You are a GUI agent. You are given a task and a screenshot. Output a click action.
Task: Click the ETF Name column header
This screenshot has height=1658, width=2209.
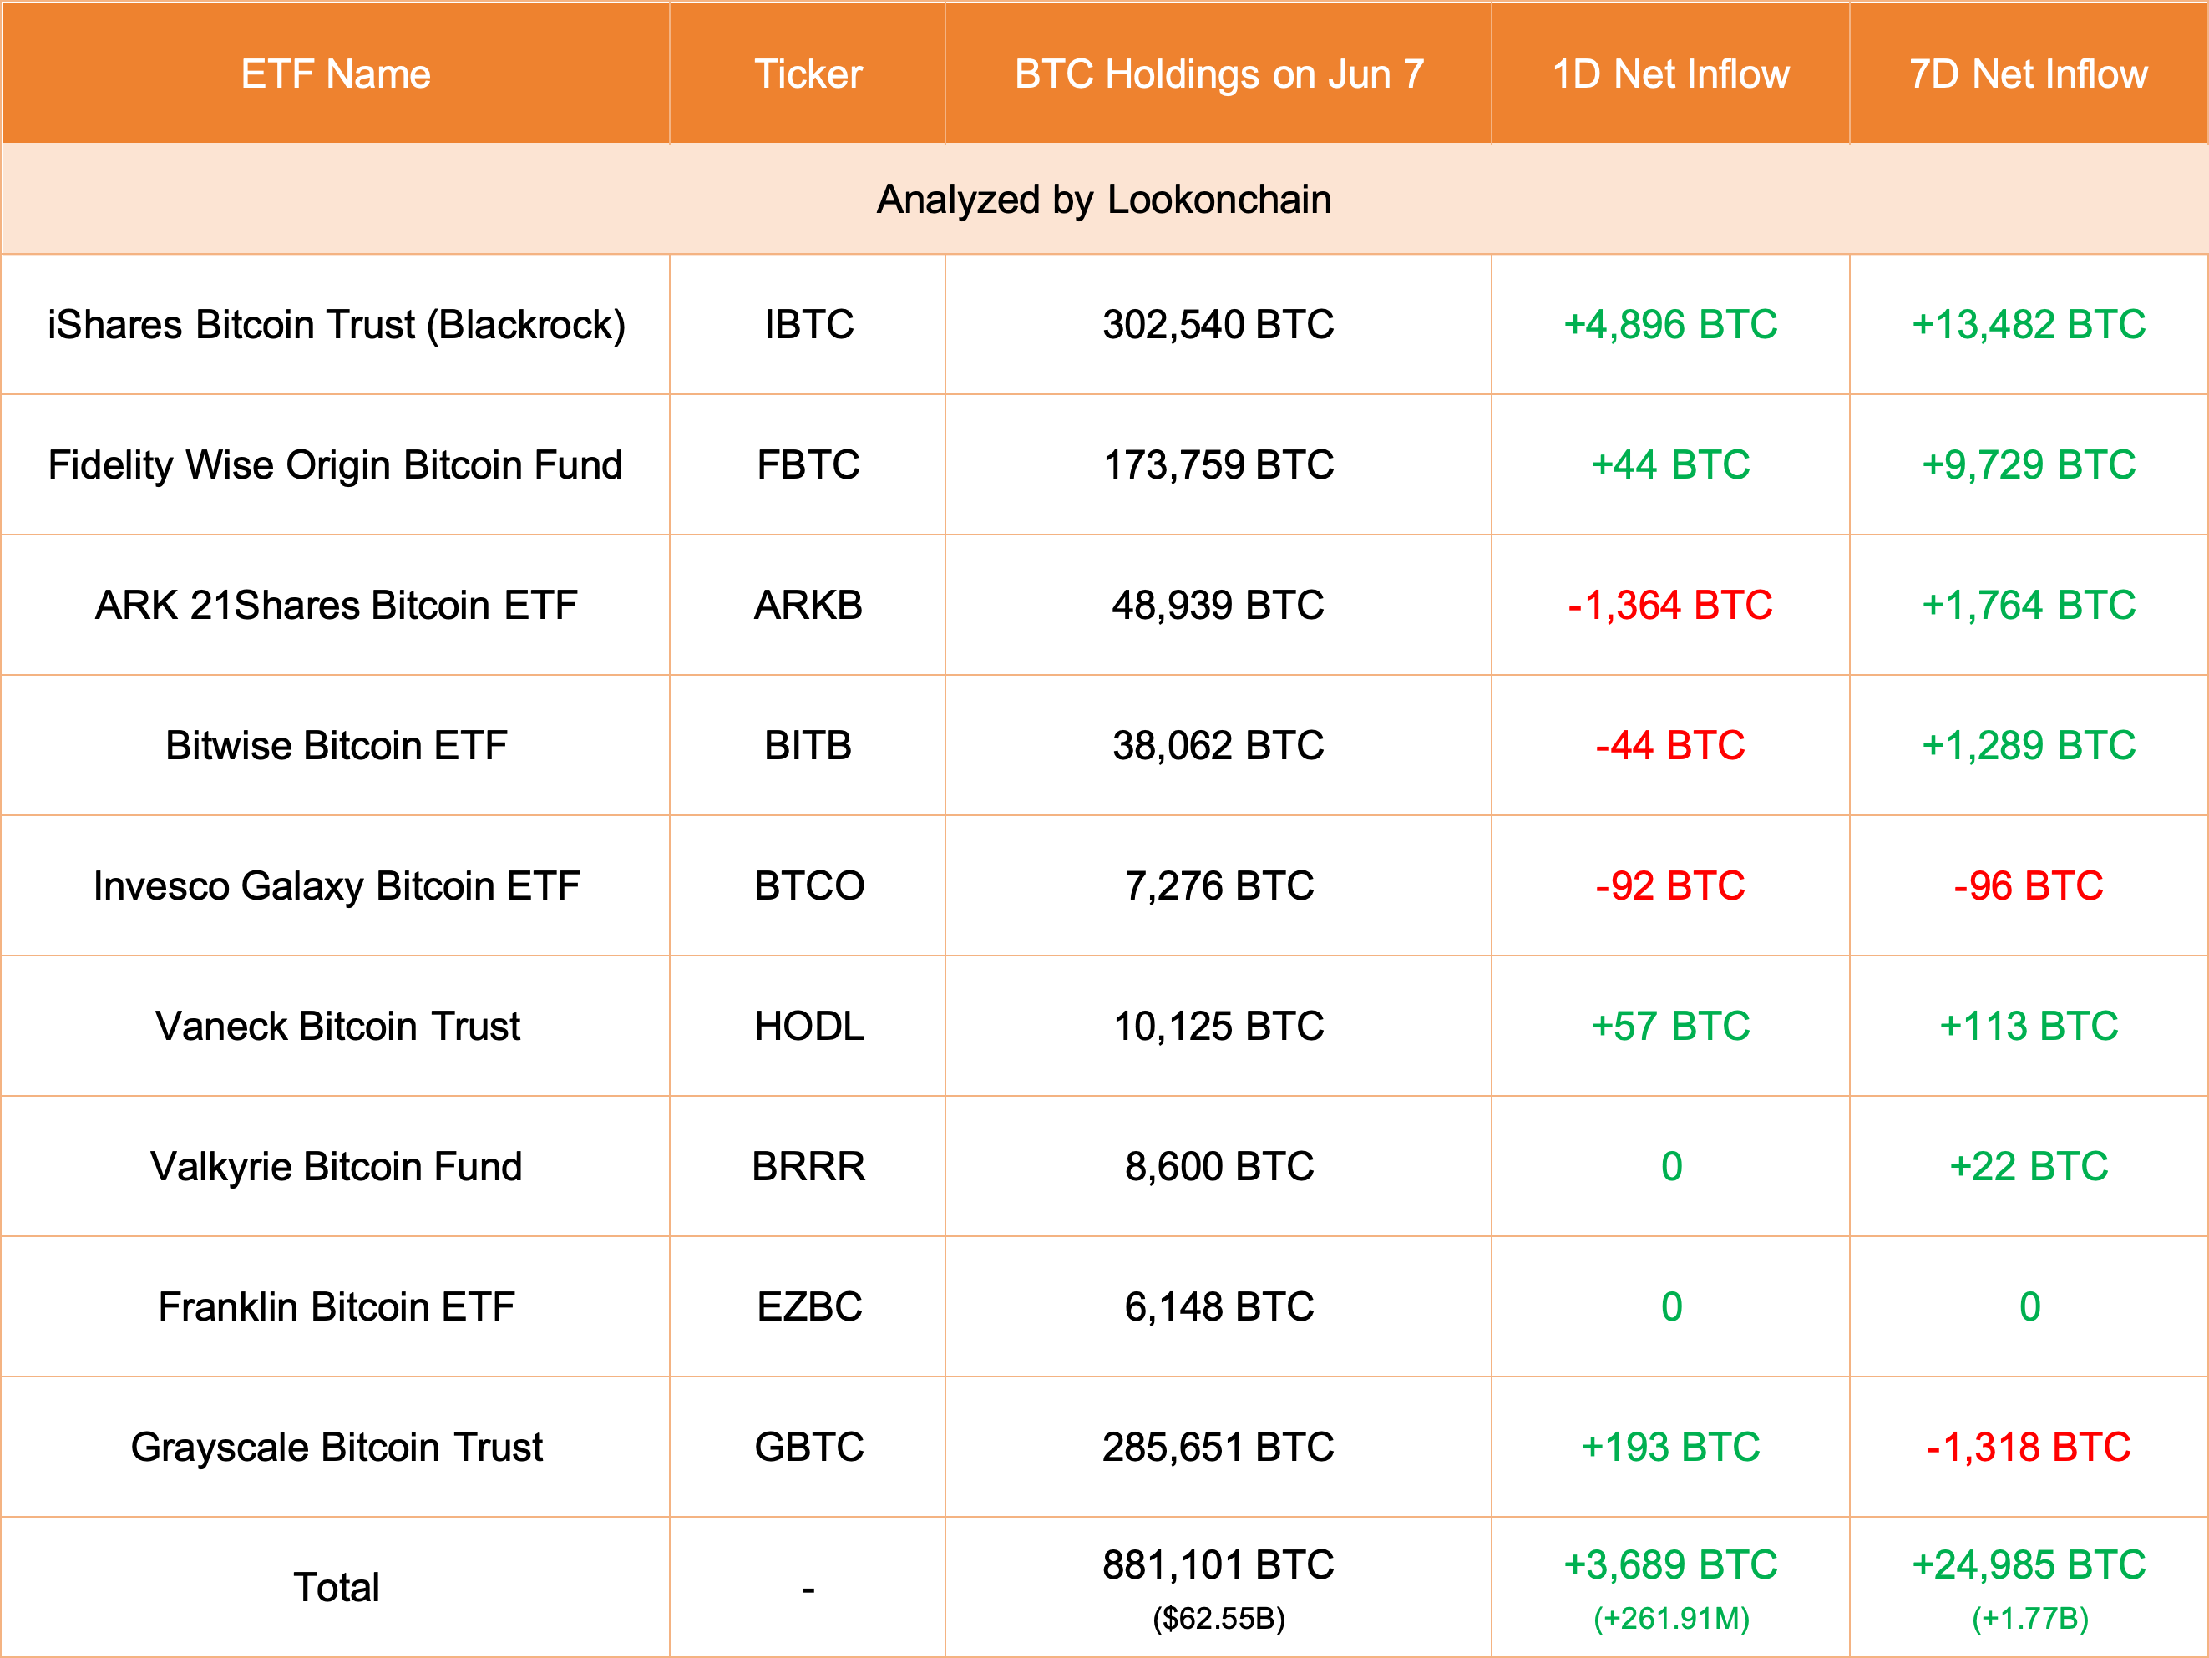pyautogui.click(x=336, y=74)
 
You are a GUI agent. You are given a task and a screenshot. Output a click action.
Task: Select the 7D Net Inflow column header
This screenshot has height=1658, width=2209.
pyautogui.click(x=2029, y=74)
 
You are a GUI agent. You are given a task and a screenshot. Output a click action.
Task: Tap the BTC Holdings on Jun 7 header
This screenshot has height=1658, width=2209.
pyautogui.click(x=1218, y=74)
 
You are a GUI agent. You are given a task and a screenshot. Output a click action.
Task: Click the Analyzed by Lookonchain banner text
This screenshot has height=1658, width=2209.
pyautogui.click(x=1103, y=200)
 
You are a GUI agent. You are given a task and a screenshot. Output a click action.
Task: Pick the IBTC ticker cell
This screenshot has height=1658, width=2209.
pyautogui.click(x=808, y=325)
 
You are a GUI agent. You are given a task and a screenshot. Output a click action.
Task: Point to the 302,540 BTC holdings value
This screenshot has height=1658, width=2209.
pyautogui.click(x=1218, y=325)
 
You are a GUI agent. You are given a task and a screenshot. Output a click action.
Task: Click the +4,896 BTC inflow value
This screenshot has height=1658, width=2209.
pyautogui.click(x=1669, y=325)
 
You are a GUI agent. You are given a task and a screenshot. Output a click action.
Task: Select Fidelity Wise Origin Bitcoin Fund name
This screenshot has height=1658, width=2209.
pyautogui.click(x=336, y=465)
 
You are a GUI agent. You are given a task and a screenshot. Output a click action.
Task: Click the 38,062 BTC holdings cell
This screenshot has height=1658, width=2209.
pyautogui.click(x=1218, y=746)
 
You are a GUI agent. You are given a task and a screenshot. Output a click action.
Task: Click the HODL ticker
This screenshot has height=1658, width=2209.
pyautogui.click(x=808, y=1027)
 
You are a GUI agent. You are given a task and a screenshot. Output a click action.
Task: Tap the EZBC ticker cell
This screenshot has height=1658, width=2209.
pyautogui.click(x=808, y=1307)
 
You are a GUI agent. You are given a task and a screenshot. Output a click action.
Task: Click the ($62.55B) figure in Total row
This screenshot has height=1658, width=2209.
pyautogui.click(x=1218, y=1618)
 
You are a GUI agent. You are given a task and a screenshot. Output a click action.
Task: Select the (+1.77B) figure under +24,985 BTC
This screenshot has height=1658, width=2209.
pyautogui.click(x=2029, y=1618)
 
